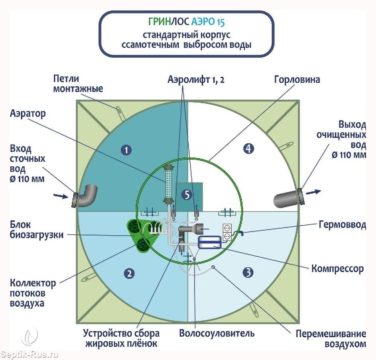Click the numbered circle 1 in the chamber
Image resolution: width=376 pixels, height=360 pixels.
point(126,150)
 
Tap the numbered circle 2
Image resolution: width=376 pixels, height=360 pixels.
point(129,273)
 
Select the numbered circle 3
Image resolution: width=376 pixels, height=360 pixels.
point(248,272)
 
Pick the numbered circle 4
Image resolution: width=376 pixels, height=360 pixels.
point(248,149)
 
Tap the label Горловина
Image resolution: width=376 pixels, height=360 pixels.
point(297,80)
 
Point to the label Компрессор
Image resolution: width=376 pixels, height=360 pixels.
point(337,269)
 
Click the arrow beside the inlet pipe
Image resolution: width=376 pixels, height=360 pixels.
point(60,195)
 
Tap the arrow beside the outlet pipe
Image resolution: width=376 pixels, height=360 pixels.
point(314,192)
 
